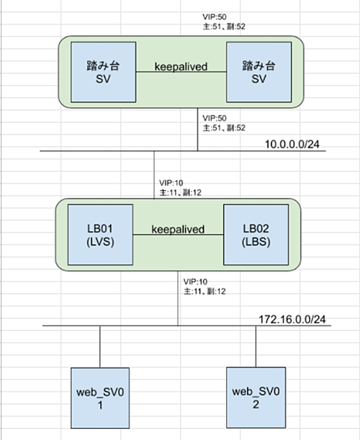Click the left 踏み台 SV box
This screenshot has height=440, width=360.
pyautogui.click(x=103, y=72)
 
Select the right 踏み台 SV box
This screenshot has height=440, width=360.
pyautogui.click(x=259, y=72)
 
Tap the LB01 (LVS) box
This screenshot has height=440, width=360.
pyautogui.click(x=101, y=235)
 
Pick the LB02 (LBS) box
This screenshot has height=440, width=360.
pyautogui.click(x=256, y=235)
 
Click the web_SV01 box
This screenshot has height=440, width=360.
pyautogui.click(x=100, y=398)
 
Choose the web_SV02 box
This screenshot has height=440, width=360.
pyautogui.click(x=256, y=398)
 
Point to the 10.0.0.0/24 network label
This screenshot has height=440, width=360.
pyautogui.click(x=292, y=144)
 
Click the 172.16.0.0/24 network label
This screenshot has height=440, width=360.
pyautogui.click(x=292, y=320)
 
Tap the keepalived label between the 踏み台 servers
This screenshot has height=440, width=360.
pyautogui.click(x=181, y=67)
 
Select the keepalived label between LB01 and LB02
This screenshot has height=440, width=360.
pyautogui.click(x=178, y=230)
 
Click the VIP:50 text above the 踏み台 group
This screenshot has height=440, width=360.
pyautogui.click(x=214, y=17)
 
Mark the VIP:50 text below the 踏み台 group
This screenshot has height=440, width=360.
pyautogui.click(x=214, y=118)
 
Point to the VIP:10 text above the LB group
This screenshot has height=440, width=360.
pyautogui.click(x=171, y=183)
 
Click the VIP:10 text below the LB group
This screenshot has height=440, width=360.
pyautogui.click(x=195, y=281)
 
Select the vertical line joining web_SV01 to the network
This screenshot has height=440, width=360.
pyautogui.click(x=100, y=347)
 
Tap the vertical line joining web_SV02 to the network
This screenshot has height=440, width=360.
pyautogui.click(x=256, y=346)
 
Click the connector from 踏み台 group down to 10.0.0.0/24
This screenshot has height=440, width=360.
pyautogui.click(x=198, y=130)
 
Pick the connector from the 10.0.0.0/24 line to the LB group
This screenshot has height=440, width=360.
pyautogui.click(x=154, y=175)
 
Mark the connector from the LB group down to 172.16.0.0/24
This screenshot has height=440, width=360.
pyautogui.click(x=178, y=298)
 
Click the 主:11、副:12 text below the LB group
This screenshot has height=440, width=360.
pyautogui.click(x=205, y=291)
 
